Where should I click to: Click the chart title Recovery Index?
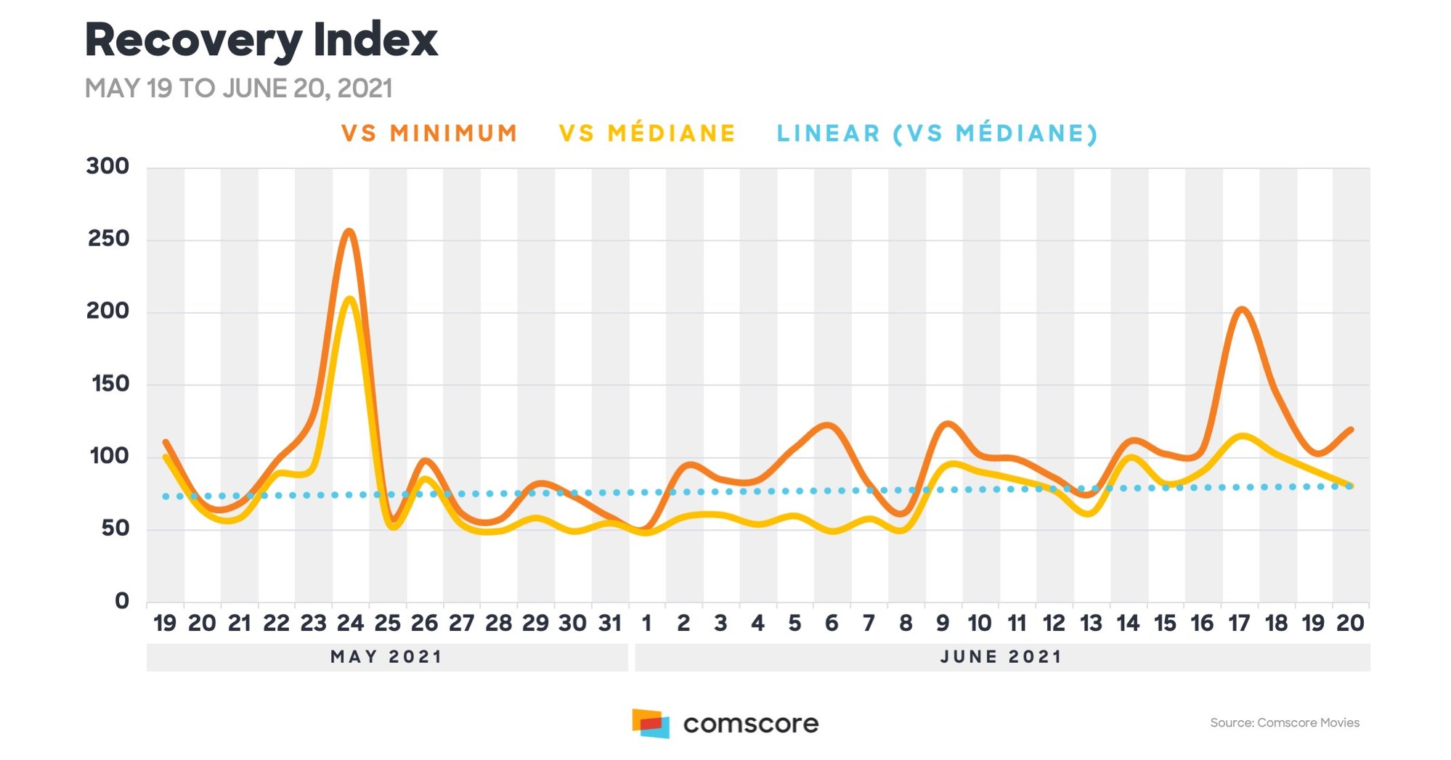tap(261, 41)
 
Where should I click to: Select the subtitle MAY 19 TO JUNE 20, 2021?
tap(238, 89)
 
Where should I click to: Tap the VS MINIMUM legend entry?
tap(429, 134)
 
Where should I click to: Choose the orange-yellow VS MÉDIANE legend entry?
tap(647, 134)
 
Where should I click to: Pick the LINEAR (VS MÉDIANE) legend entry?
tap(937, 134)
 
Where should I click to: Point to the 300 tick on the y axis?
tap(107, 166)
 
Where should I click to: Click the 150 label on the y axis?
tap(110, 383)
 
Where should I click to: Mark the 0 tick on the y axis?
tap(122, 601)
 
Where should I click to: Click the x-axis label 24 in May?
tap(350, 623)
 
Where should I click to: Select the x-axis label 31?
tap(609, 623)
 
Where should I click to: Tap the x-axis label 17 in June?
tap(1239, 623)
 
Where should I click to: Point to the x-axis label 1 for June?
tap(647, 623)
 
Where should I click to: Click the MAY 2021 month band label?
tap(386, 657)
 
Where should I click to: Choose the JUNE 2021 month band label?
tap(1001, 657)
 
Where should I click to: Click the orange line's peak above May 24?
tap(349, 232)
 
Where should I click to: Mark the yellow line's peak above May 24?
tap(350, 298)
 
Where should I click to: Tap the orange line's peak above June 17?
tap(1241, 310)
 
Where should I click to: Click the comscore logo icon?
tap(651, 724)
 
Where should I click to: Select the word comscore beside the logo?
tap(751, 724)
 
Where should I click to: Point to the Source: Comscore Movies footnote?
tap(1285, 722)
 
